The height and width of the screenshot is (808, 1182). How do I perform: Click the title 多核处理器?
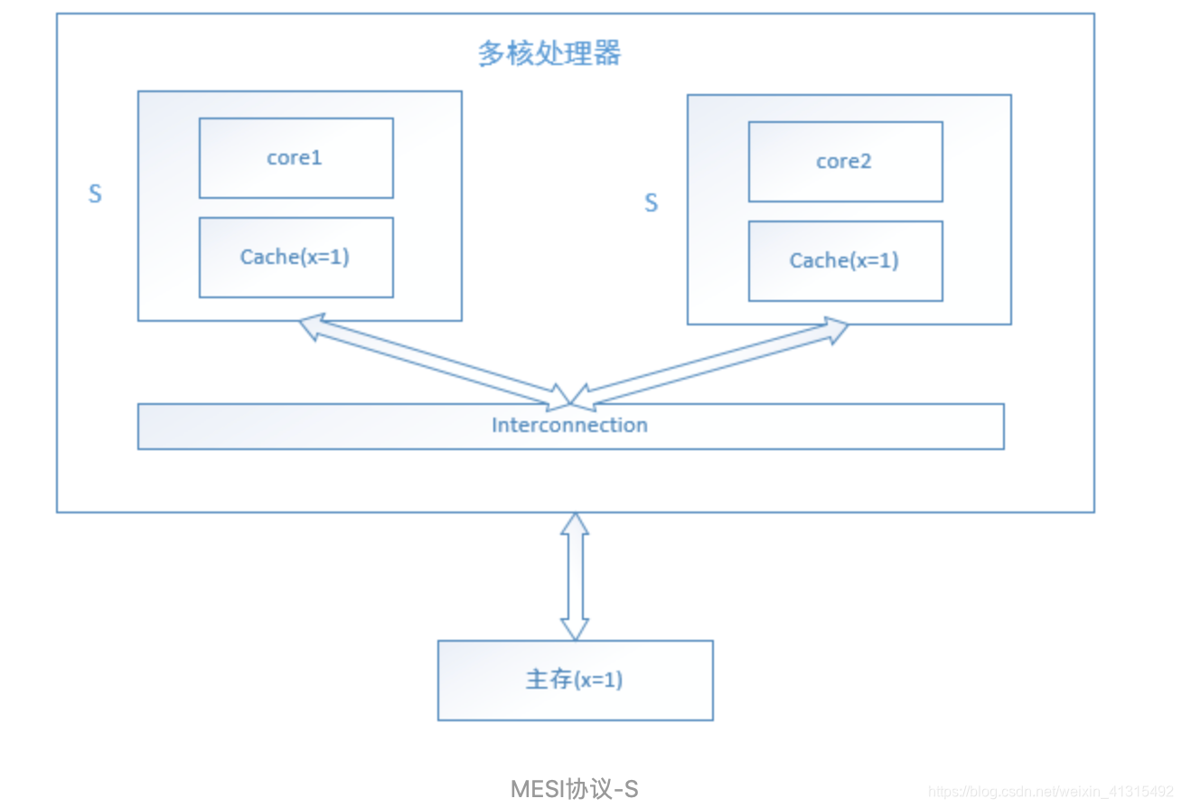(549, 53)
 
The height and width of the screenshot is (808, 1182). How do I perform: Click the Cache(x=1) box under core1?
(295, 258)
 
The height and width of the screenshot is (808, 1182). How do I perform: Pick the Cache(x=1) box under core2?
(845, 261)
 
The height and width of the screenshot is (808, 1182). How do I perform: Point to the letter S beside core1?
(95, 194)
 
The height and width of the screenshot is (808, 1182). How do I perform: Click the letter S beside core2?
(651, 203)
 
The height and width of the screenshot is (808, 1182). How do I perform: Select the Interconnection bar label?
(569, 426)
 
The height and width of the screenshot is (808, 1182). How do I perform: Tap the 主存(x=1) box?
(575, 680)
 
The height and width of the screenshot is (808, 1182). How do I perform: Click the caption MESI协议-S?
(575, 788)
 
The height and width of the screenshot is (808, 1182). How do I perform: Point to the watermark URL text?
(1050, 792)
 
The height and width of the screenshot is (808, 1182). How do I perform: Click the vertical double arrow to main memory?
(575, 577)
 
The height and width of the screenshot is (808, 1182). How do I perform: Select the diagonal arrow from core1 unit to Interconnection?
(434, 360)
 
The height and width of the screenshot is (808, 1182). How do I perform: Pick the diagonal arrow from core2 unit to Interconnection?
(714, 362)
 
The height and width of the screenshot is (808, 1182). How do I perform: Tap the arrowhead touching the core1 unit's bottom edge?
(311, 326)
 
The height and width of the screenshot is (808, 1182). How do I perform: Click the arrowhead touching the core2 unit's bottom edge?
(835, 330)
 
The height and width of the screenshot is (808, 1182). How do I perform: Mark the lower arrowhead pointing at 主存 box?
(575, 629)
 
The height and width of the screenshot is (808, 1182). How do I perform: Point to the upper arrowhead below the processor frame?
(575, 524)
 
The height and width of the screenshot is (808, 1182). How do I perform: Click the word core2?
(843, 162)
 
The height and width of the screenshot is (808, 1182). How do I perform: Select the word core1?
(294, 158)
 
